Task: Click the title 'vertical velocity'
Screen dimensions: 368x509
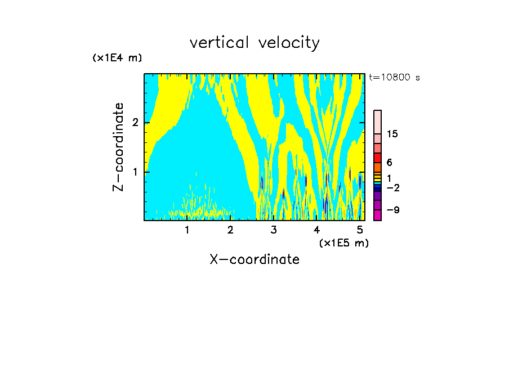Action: click(x=254, y=43)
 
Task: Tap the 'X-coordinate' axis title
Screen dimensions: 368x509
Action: click(x=254, y=259)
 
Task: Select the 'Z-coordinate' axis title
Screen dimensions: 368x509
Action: click(x=118, y=147)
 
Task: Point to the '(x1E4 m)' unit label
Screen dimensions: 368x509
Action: click(x=117, y=58)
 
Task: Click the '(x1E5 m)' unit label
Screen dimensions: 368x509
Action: click(x=343, y=243)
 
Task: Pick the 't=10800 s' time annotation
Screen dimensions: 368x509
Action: click(x=394, y=78)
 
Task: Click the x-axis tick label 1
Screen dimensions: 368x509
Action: click(x=187, y=230)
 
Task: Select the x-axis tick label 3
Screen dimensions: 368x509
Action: click(x=274, y=230)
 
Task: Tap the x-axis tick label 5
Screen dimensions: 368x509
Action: click(x=360, y=230)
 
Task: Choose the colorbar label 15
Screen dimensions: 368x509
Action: click(x=392, y=134)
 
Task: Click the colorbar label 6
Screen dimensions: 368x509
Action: click(x=389, y=163)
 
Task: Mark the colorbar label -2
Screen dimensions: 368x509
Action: click(x=392, y=188)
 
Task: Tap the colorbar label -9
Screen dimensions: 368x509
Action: click(x=392, y=210)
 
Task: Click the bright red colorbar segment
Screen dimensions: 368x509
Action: click(x=377, y=158)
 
